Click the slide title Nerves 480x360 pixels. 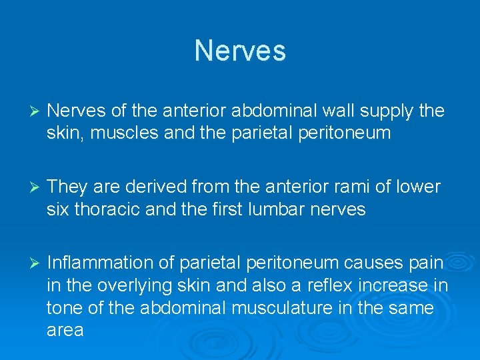[x=240, y=51]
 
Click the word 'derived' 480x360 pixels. [x=157, y=187]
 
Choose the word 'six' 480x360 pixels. [x=59, y=209]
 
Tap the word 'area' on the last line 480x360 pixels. [x=65, y=330]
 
